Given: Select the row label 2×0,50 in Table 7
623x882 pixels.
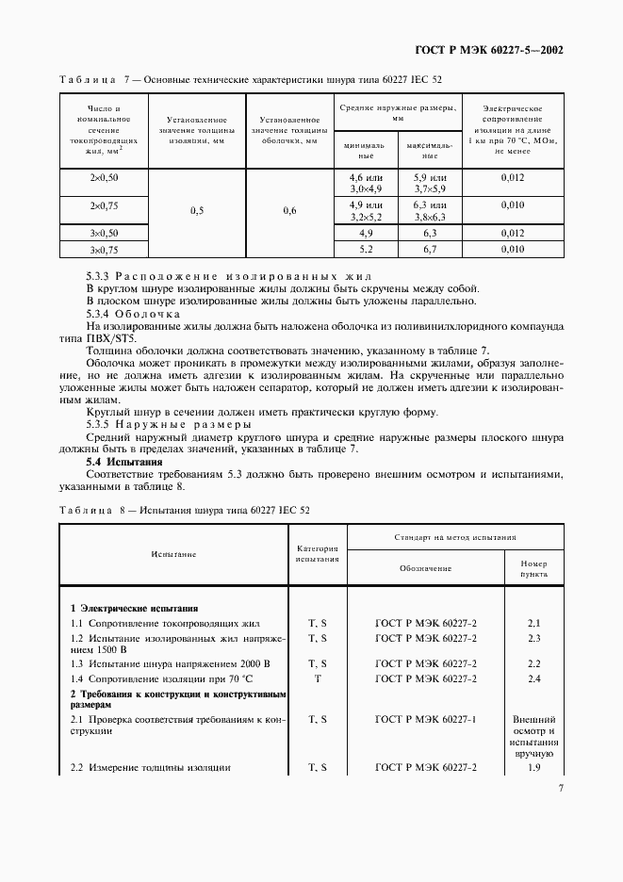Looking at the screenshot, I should tap(105, 177).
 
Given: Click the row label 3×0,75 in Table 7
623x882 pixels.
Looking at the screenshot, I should tap(105, 250).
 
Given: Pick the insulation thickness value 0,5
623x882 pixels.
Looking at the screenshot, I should tap(197, 211).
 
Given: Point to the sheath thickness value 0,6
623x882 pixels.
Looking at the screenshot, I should tap(289, 211).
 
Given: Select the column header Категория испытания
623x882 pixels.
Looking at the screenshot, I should tap(317, 553).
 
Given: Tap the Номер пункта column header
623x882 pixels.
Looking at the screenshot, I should tap(533, 568).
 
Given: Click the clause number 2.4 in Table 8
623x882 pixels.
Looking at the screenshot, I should tap(533, 678).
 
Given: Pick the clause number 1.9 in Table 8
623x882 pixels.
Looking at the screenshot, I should tap(533, 768).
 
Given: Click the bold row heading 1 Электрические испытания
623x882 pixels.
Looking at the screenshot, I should tap(135, 608).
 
